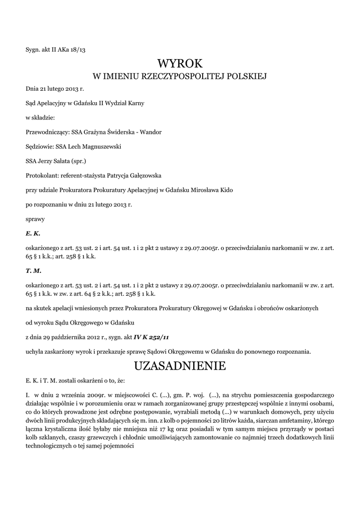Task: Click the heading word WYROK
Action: [180, 63]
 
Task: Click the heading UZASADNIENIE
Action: [180, 366]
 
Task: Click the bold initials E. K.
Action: [33, 233]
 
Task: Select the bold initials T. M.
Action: [33, 271]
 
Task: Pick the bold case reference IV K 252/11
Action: [151, 337]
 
